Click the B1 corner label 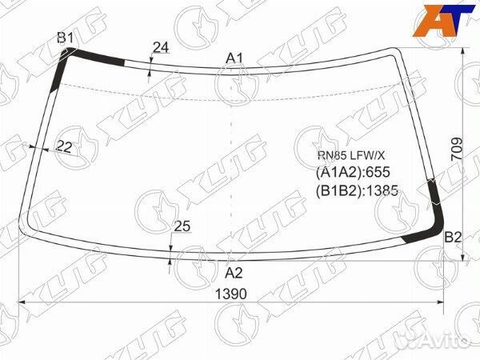click(66, 38)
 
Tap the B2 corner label click(453, 237)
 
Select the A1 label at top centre click(234, 58)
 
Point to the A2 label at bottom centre click(234, 273)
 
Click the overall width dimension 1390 click(231, 294)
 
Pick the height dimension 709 click(457, 149)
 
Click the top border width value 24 click(161, 47)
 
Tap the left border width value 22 click(64, 146)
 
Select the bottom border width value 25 click(182, 226)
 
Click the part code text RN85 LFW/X click(351, 156)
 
